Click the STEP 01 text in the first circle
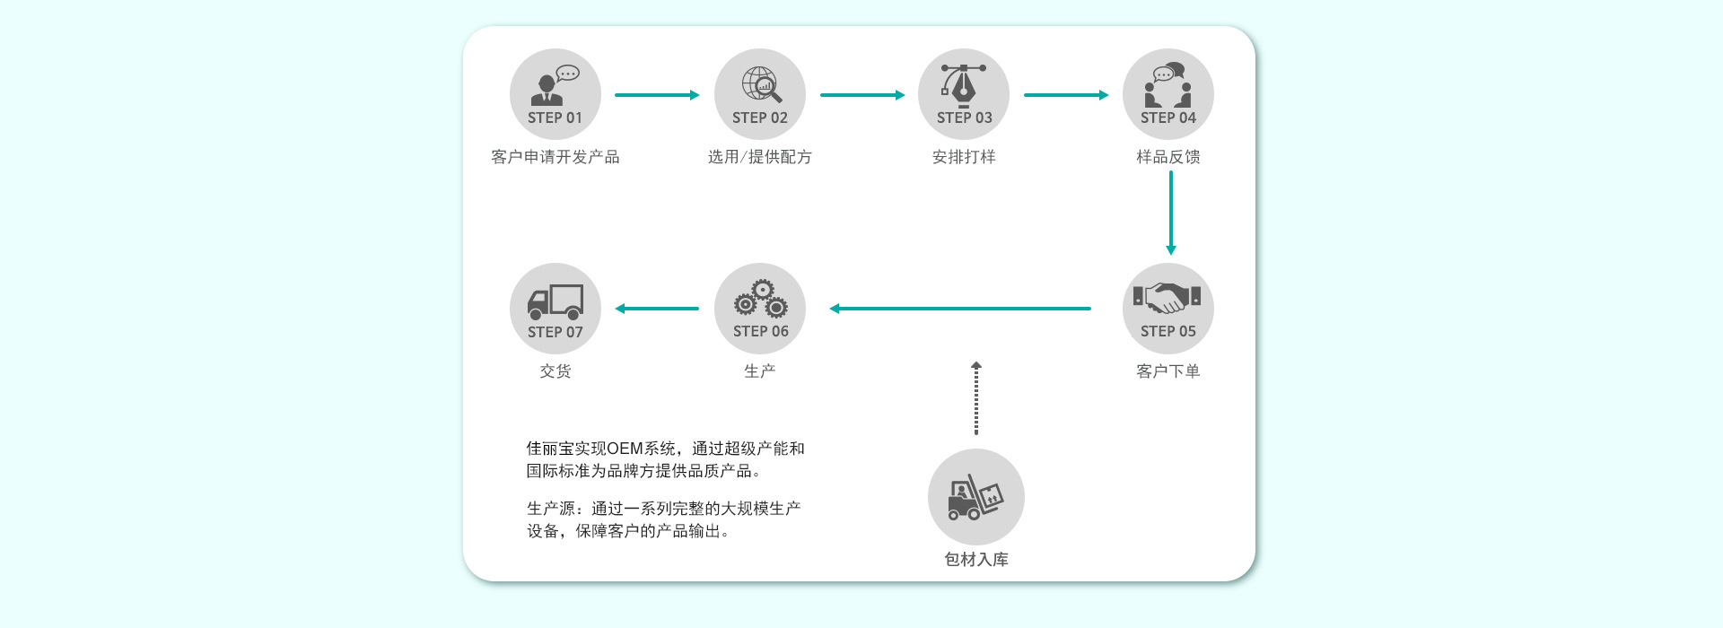(555, 118)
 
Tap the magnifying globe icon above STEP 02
(761, 84)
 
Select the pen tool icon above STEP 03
(963, 84)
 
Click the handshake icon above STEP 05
(1167, 298)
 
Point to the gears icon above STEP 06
(760, 299)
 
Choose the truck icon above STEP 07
(555, 301)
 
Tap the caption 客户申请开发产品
(555, 157)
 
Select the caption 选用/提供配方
(759, 157)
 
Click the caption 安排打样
(964, 157)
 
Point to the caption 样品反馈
(1168, 157)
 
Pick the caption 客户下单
(1168, 371)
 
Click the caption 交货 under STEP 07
(555, 371)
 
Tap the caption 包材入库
(975, 559)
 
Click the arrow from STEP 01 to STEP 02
(657, 95)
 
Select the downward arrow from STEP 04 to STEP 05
(1170, 213)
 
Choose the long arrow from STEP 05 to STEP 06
(960, 309)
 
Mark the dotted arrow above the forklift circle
(976, 399)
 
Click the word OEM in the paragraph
(625, 449)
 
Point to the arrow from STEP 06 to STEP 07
(657, 309)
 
